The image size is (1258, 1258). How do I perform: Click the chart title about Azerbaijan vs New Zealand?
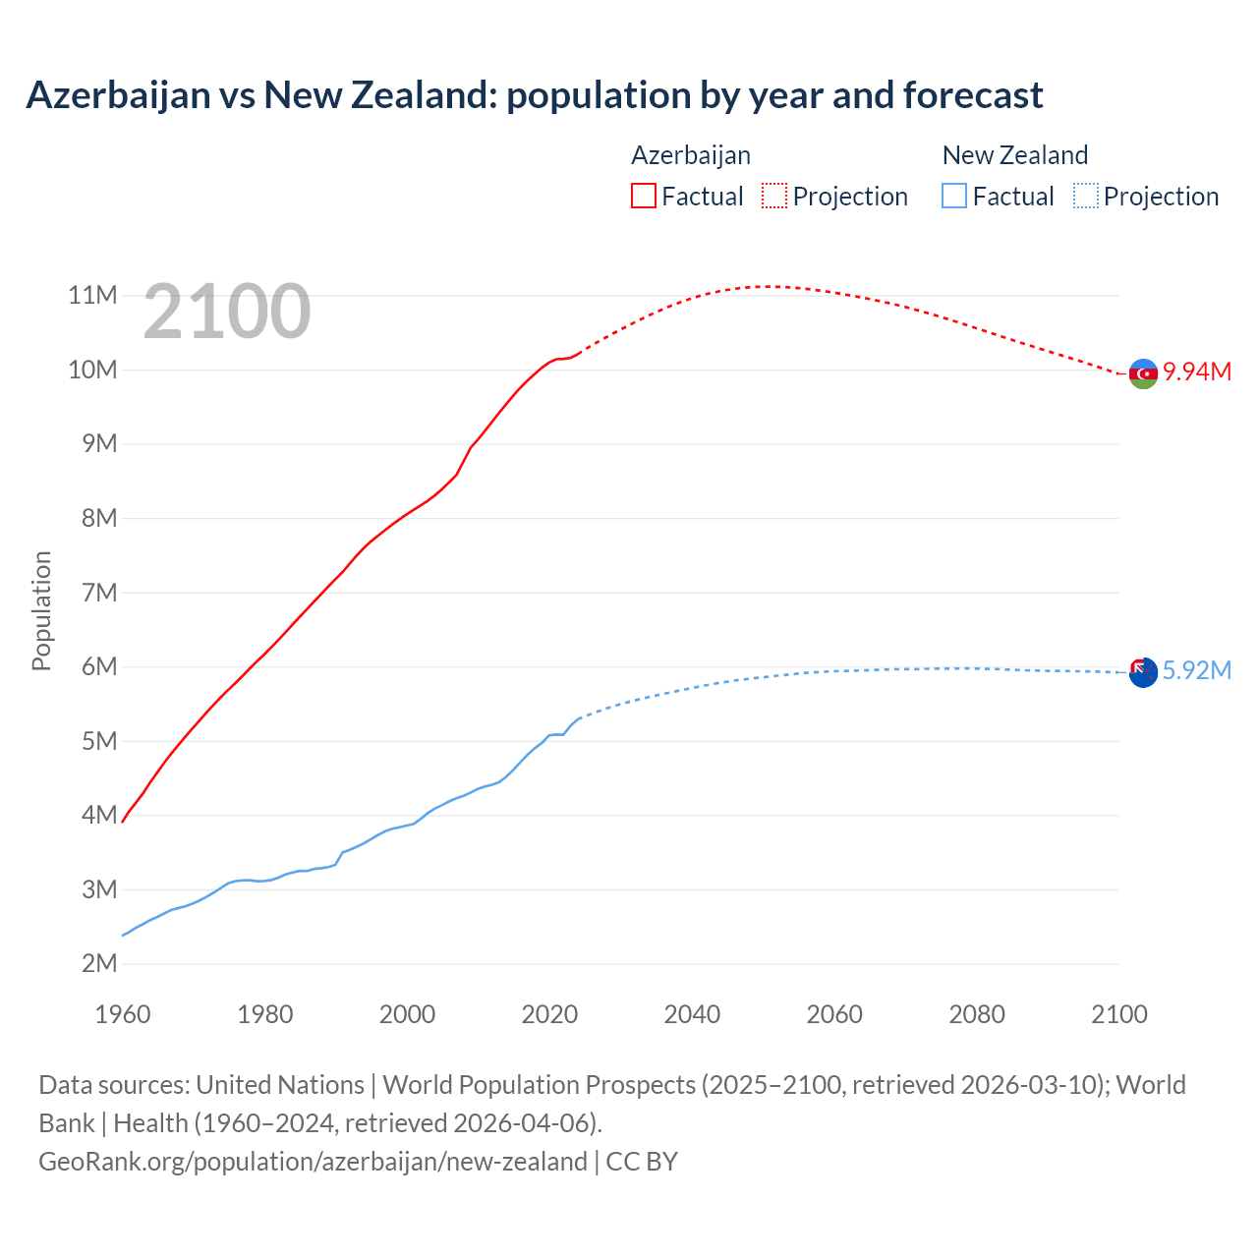click(x=534, y=95)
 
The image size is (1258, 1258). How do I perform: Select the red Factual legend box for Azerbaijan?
click(x=643, y=196)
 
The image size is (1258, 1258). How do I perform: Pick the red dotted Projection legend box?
click(x=774, y=196)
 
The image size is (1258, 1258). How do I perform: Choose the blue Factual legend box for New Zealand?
click(x=954, y=196)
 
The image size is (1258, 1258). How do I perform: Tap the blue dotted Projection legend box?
click(x=1085, y=196)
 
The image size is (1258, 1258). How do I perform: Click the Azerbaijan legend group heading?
click(x=690, y=155)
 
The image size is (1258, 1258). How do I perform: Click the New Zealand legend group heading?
click(x=1014, y=155)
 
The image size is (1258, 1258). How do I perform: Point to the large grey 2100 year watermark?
click(x=227, y=313)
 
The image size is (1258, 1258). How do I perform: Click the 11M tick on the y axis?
click(x=92, y=295)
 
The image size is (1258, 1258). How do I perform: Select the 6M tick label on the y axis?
click(x=98, y=666)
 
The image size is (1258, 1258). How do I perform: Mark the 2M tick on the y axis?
click(x=98, y=963)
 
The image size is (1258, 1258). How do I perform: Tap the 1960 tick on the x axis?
click(x=123, y=1014)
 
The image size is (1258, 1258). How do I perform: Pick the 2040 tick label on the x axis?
click(x=692, y=1014)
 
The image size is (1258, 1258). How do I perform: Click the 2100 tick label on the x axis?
click(x=1118, y=1014)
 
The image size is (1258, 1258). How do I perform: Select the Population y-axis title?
click(x=41, y=610)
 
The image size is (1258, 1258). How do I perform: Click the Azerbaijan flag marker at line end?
click(x=1143, y=373)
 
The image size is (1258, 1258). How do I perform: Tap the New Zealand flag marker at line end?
click(x=1142, y=672)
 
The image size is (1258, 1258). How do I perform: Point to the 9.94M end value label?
click(x=1196, y=372)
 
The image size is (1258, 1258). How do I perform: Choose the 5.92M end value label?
click(x=1196, y=670)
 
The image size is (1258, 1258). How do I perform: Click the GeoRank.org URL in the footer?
click(x=313, y=1161)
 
